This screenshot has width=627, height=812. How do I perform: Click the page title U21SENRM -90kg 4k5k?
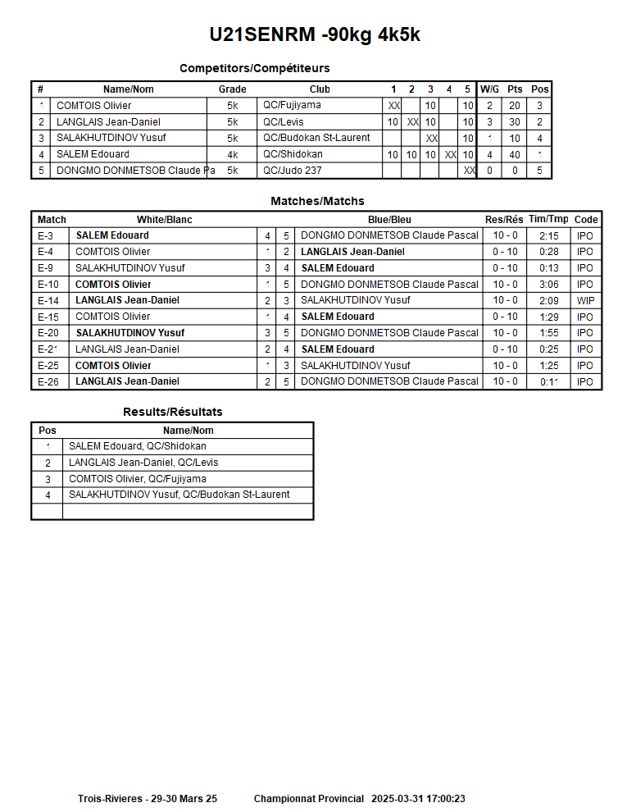pos(315,34)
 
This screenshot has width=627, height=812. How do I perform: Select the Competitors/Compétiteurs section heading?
pos(254,68)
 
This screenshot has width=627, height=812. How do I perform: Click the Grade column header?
pos(232,89)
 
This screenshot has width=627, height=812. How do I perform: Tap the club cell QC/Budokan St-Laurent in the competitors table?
pos(316,138)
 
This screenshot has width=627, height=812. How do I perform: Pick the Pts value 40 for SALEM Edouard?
pos(515,154)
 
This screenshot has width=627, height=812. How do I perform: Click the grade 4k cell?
pos(233,154)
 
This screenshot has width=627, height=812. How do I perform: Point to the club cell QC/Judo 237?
pos(293,171)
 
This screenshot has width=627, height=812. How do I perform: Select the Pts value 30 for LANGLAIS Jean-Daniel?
pos(515,122)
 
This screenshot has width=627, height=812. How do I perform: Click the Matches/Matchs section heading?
pos(317,201)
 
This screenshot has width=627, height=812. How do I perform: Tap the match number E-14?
pos(48,301)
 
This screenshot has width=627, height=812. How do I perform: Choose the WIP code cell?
pos(585,301)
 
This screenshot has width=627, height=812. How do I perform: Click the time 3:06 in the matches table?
pos(548,285)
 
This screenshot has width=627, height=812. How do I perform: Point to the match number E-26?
pos(48,381)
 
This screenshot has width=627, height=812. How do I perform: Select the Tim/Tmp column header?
pos(548,220)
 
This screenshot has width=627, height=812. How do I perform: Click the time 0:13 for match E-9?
pos(548,268)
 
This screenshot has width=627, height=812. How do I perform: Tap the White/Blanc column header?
pos(164,220)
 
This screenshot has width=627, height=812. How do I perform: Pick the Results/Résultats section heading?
pos(172,412)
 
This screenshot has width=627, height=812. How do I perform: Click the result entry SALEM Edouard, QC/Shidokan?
pos(137,446)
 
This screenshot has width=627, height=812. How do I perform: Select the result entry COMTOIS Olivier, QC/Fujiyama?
pos(137,479)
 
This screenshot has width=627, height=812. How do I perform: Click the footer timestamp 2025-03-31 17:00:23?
pos(418,799)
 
